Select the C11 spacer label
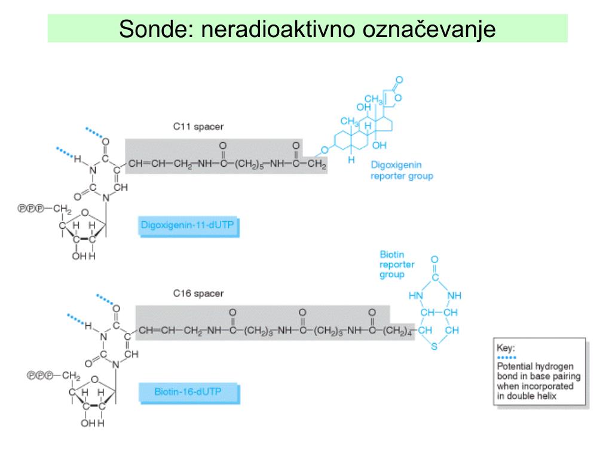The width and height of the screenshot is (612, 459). click(199, 127)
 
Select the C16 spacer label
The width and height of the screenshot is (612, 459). click(199, 293)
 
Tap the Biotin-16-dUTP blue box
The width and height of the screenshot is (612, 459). click(189, 392)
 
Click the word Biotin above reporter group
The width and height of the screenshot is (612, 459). click(391, 254)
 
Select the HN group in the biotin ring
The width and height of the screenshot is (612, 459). click(415, 296)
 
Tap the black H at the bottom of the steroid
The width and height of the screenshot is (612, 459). click(353, 160)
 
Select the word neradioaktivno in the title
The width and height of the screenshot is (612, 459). click(278, 28)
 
